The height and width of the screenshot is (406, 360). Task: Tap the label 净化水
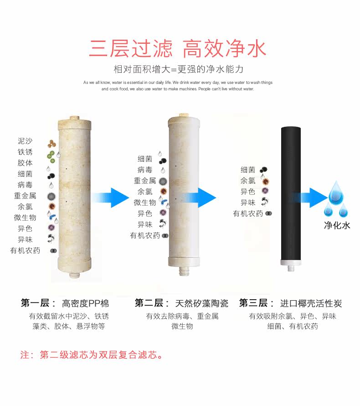(x=337, y=225)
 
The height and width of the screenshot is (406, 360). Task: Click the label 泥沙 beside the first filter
(x=25, y=141)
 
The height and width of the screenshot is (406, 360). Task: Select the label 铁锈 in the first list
(x=25, y=152)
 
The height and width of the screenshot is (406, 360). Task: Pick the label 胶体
(x=25, y=163)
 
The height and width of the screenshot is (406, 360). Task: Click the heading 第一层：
(x=38, y=303)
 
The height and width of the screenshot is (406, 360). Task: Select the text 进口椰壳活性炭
(x=311, y=303)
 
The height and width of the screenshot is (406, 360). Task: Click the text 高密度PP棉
(x=86, y=303)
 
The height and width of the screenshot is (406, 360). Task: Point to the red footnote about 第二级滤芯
(x=91, y=354)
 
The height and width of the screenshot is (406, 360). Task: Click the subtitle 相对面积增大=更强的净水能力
(x=179, y=70)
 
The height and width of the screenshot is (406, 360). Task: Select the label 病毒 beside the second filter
(x=145, y=170)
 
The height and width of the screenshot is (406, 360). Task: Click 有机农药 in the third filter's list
(x=248, y=213)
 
